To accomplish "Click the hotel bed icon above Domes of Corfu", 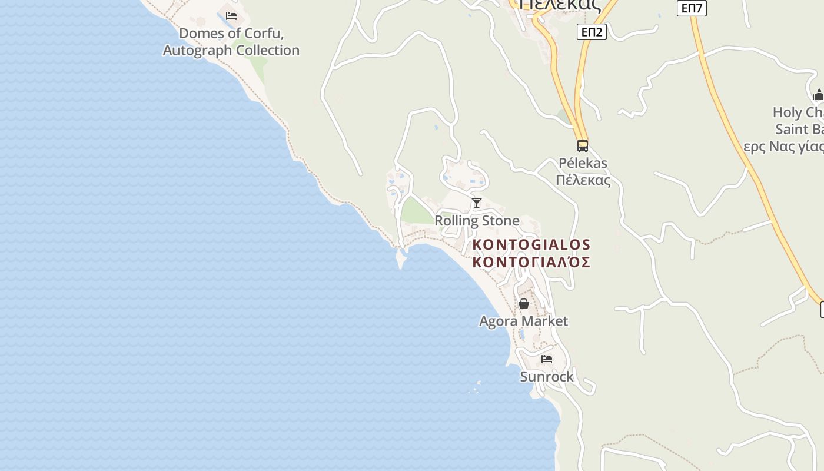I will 231,16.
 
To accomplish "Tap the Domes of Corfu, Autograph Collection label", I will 231,42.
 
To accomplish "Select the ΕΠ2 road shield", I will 591,32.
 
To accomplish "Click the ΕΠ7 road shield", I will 691,8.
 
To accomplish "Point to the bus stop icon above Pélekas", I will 582,145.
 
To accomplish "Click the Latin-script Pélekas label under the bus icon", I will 583,163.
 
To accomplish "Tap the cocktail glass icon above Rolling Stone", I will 477,203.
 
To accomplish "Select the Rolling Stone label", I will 477,221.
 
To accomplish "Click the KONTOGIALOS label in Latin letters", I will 531,244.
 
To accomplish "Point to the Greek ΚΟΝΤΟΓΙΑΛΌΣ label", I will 531,262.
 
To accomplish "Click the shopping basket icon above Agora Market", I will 523,304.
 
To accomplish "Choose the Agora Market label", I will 523,321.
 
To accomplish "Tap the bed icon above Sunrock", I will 547,359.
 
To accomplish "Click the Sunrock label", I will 547,376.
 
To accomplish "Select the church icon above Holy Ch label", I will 818,95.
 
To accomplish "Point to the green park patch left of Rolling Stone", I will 416,211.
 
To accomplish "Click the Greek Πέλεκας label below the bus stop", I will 583,180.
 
